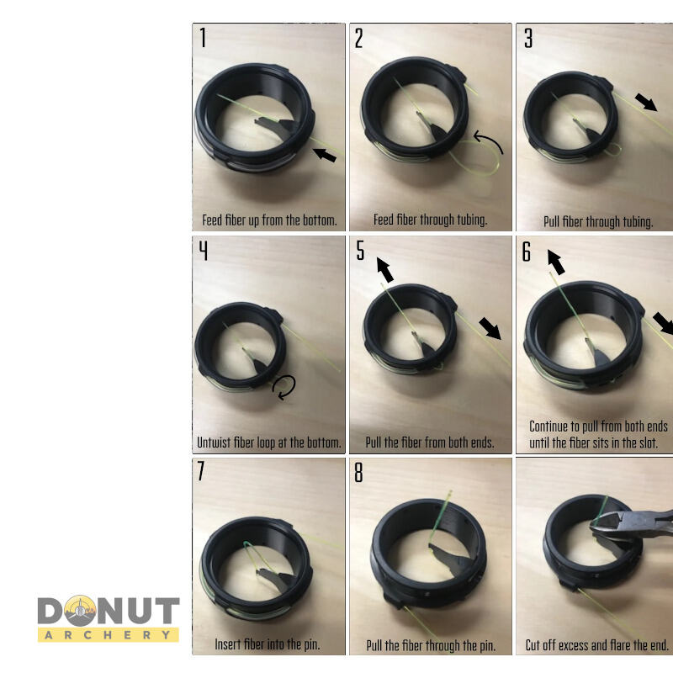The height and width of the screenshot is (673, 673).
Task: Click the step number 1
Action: point(203,38)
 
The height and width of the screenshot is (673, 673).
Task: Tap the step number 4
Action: point(203,251)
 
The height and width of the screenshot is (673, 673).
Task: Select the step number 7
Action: point(202,471)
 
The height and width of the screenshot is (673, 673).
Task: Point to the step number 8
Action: point(358,473)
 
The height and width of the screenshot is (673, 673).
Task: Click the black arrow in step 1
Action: point(324,154)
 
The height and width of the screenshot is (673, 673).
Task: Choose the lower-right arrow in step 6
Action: point(664,321)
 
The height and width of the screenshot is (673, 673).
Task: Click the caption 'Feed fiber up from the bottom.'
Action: point(269,221)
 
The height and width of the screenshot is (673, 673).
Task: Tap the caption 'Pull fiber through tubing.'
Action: point(597,222)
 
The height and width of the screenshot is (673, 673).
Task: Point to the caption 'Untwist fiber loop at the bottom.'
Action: point(269,442)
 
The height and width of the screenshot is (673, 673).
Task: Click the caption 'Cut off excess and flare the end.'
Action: point(597,645)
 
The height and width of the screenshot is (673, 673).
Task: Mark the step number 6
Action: point(527,252)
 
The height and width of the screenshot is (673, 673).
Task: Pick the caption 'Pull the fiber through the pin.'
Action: point(431,646)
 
